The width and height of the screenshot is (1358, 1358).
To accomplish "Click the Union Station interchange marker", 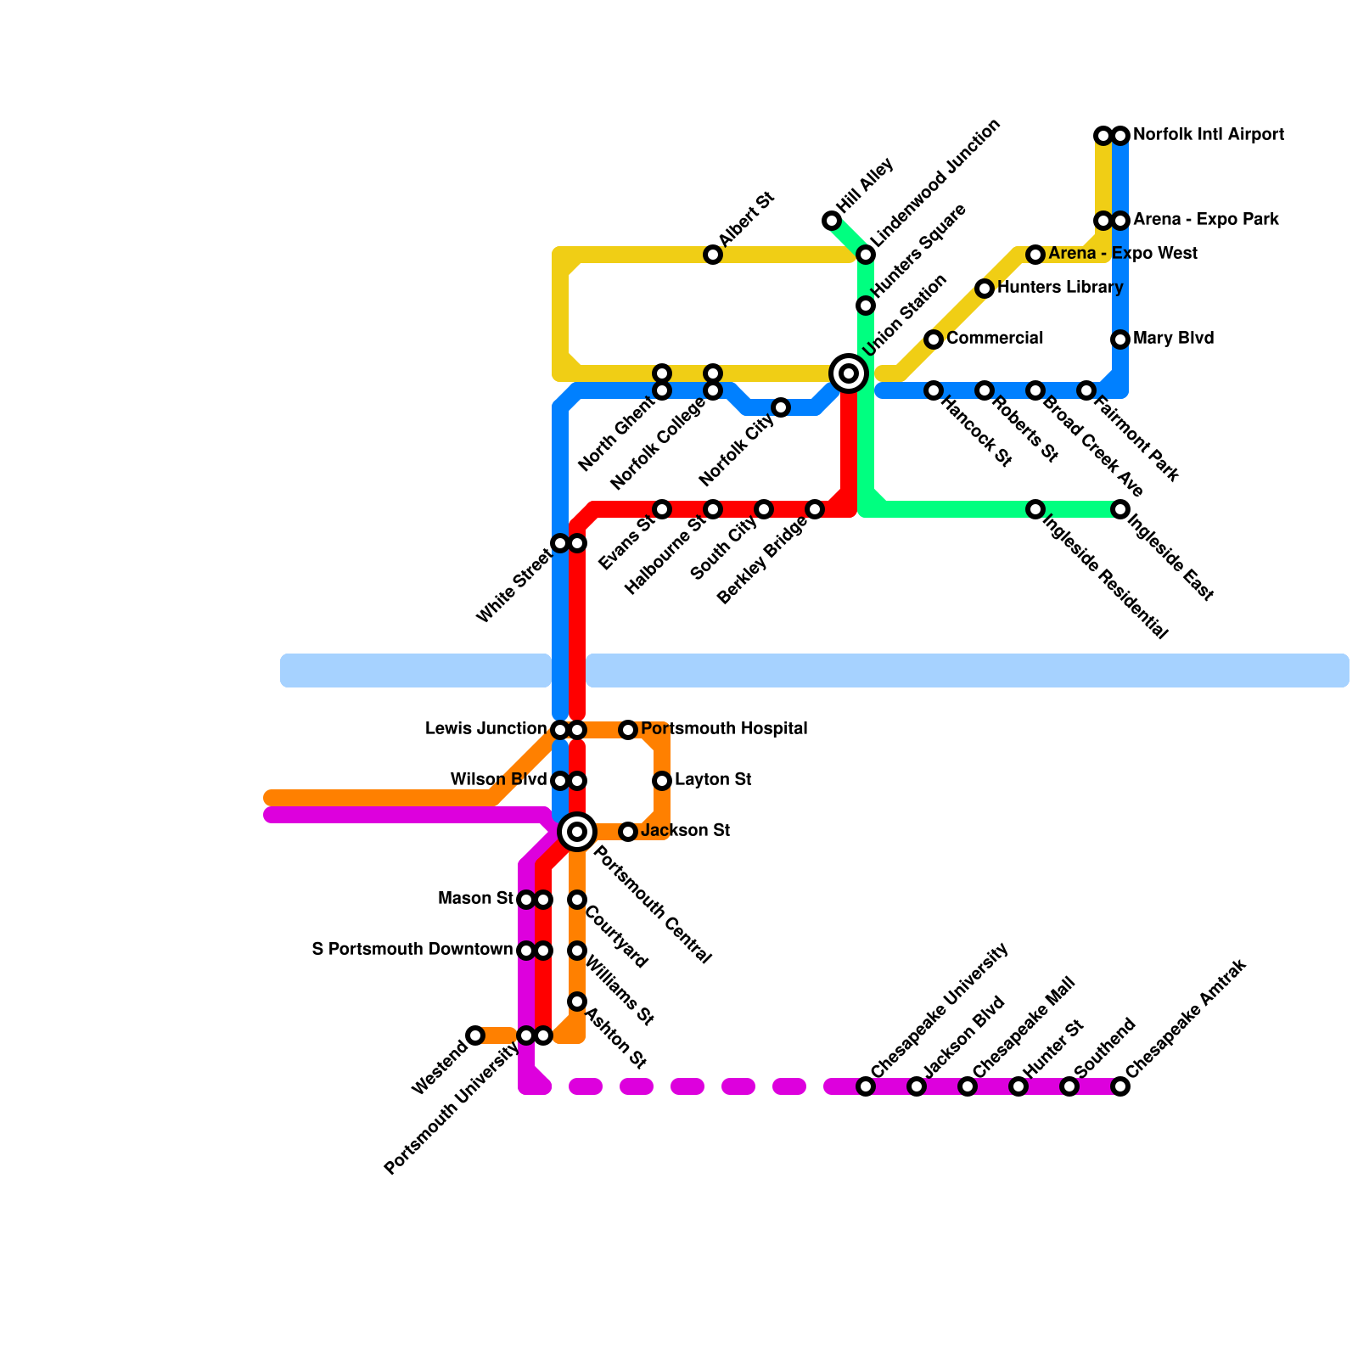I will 848,373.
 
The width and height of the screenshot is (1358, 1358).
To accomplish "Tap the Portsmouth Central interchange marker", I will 577,832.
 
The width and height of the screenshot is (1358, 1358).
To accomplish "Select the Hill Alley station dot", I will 832,221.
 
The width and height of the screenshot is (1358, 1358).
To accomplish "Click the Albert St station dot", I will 713,255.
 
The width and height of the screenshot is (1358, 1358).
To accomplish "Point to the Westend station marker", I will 475,1035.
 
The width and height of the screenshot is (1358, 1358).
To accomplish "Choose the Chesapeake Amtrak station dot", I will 1120,1086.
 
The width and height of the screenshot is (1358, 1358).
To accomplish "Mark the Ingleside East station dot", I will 1120,509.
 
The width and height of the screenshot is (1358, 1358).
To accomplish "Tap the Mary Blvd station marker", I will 1120,339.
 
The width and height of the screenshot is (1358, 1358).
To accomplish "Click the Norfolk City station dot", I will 781,407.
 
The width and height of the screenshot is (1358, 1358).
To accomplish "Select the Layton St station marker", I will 662,781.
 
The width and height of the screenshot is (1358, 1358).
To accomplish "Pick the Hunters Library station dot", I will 985,289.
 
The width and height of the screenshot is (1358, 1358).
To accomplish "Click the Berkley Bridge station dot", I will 815,509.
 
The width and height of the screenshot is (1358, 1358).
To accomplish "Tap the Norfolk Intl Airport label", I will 1208,135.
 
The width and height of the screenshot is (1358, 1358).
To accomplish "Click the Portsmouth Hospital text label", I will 724,729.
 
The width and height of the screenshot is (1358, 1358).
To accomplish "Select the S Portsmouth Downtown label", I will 412,950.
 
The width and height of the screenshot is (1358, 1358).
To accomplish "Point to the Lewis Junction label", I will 485,729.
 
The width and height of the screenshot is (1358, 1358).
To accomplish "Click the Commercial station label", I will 995,339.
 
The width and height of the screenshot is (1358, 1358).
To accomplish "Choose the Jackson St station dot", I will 628,832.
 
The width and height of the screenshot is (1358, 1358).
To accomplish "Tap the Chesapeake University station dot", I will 866,1086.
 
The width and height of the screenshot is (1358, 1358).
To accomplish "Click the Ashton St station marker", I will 577,1002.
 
